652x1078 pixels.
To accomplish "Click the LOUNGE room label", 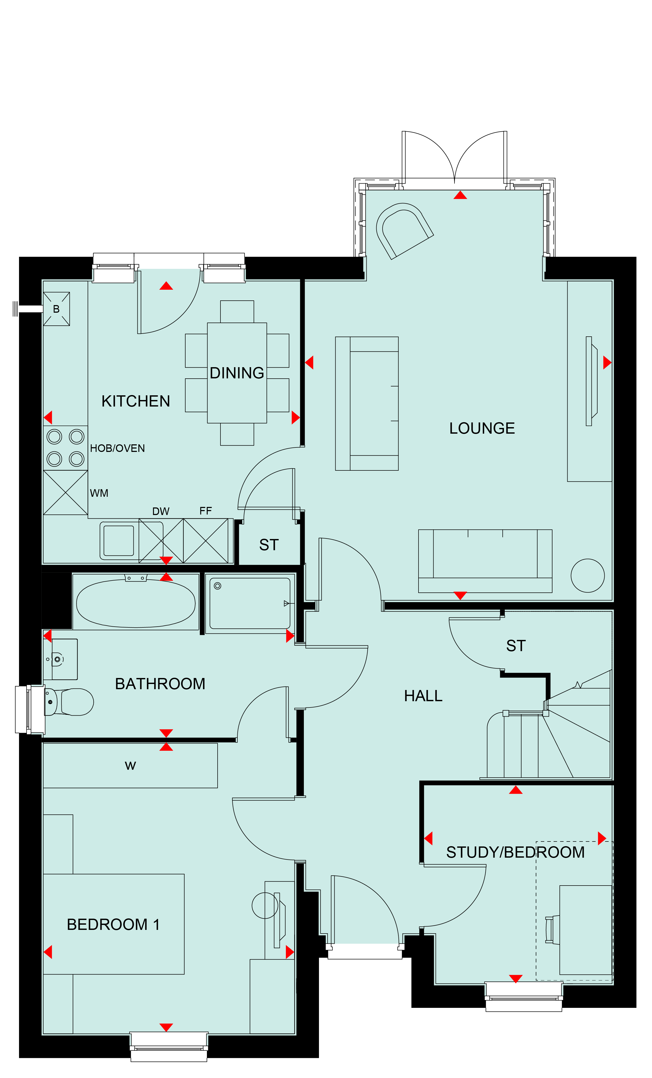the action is pos(482,428).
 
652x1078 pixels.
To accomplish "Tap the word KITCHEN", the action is pos(136,401).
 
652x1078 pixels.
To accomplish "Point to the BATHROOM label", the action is pos(160,684).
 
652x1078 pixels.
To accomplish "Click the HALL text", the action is pos(423,696).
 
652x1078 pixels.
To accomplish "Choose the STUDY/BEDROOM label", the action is pos(515,852).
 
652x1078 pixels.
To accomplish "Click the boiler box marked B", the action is pos(56,309).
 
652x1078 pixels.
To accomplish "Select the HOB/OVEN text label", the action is pos(117,449).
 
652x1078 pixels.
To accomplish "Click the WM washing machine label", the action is pos(99,493).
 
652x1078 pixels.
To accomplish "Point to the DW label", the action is pos(161,511).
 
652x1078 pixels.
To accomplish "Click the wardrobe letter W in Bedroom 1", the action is pos(130,766).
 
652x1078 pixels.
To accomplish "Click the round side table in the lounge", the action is pos(588,576).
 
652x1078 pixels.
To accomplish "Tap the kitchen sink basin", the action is pos(119,541).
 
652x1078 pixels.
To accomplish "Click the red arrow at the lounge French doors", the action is pos(460,195).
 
